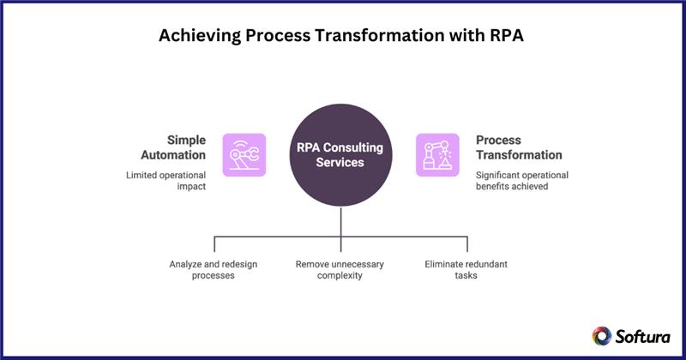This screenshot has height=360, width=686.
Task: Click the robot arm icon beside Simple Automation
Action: [244, 155]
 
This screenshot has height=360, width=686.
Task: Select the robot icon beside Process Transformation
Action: [437, 155]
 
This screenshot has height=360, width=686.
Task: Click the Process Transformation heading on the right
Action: [519, 147]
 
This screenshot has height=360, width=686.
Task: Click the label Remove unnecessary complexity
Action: [341, 272]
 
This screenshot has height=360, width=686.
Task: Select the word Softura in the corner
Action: [643, 336]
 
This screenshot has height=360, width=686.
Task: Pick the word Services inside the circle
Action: [341, 163]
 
